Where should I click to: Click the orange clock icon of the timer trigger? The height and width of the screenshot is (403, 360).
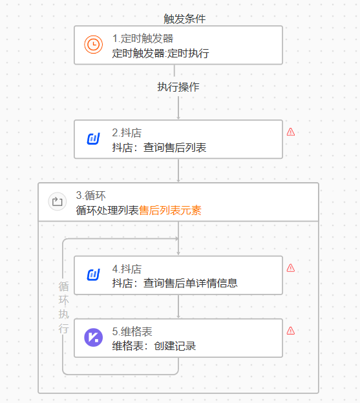93,45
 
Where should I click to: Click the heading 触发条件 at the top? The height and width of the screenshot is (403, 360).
185,19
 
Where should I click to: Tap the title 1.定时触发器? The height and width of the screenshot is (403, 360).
143,39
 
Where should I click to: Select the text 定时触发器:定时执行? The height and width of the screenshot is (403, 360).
160,53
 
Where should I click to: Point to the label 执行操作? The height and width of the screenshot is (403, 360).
178,87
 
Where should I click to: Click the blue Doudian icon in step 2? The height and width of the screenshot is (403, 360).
93,139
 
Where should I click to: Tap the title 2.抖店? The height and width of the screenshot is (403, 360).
127,133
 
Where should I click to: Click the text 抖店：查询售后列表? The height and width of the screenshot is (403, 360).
159,147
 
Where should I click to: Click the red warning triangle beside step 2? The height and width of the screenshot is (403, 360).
291,132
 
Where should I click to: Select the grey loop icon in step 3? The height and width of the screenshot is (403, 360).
58,201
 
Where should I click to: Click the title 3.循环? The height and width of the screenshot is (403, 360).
90,196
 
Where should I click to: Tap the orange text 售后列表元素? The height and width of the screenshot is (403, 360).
170,211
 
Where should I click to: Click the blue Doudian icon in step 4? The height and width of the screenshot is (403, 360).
93,274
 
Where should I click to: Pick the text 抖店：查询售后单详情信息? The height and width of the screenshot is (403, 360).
175,284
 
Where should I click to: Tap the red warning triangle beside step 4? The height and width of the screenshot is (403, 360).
291,268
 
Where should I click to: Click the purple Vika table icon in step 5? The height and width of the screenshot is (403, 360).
93,338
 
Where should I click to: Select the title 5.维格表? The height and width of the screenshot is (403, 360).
132,331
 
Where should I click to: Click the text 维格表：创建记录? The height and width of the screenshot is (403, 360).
154,346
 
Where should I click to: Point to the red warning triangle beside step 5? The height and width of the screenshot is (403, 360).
291,331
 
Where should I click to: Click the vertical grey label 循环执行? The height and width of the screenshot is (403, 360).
63,307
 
